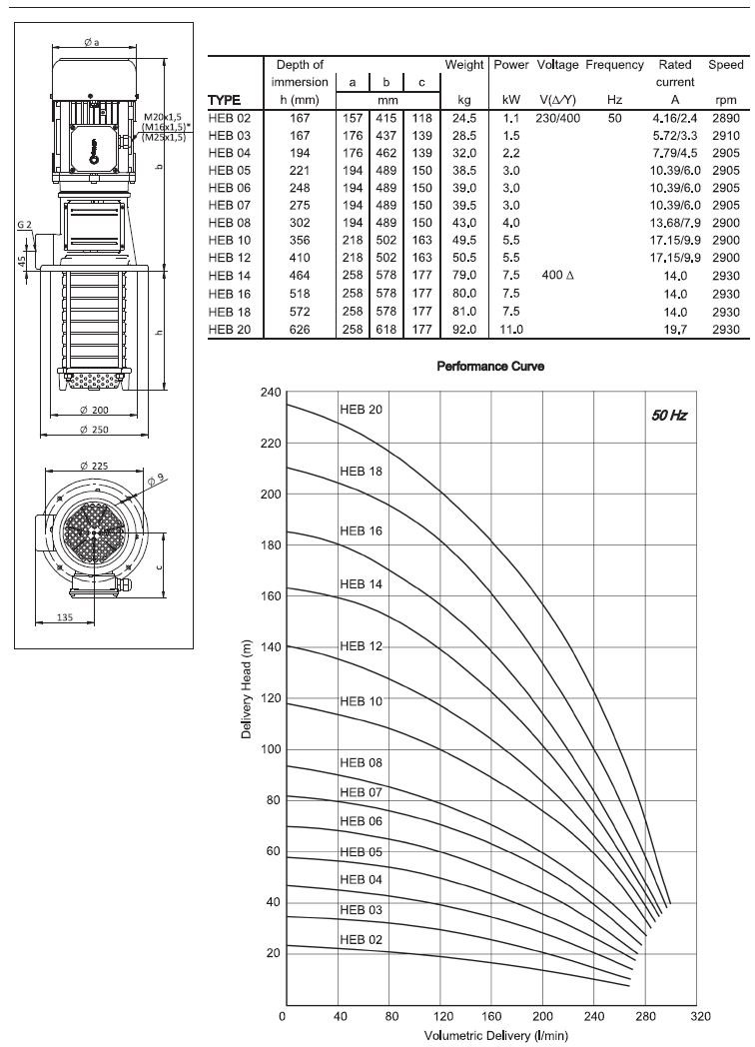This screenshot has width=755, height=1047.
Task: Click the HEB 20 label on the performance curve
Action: (361, 410)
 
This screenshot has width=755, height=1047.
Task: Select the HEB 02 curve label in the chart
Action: (361, 940)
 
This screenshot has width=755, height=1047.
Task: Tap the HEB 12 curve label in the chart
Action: (361, 646)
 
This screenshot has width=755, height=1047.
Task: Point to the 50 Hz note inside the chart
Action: (668, 415)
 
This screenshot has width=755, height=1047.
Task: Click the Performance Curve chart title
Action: (490, 367)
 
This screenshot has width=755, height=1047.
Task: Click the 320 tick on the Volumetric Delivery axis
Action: (700, 1016)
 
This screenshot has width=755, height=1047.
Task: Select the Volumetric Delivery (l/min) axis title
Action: (490, 1036)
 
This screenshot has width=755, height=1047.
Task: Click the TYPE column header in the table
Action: (225, 100)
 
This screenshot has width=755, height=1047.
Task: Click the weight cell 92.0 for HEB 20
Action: (463, 328)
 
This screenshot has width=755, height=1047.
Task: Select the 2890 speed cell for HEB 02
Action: (726, 118)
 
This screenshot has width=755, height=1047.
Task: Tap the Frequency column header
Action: (614, 65)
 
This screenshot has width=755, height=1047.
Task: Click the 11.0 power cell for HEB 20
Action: (510, 328)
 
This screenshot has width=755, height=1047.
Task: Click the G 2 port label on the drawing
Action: (25, 225)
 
